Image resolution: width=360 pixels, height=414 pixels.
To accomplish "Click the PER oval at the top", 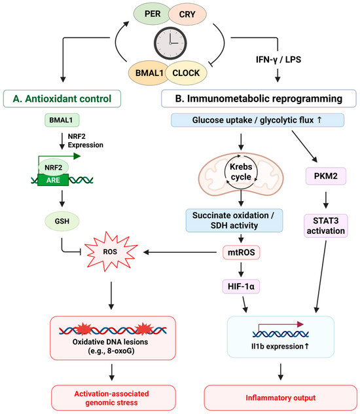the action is (152, 14).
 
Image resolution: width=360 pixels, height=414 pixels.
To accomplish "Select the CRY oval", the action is (187, 14).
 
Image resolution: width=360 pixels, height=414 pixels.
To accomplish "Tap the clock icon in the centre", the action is (170, 43).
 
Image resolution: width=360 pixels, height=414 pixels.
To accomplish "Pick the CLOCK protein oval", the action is (186, 73).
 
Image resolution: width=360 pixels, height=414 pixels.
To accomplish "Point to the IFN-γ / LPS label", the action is (278, 60).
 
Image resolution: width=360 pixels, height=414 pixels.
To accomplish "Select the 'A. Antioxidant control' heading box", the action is (62, 99).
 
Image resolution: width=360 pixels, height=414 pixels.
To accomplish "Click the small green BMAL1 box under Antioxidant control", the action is (62, 120).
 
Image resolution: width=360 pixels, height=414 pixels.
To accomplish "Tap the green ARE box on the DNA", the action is (53, 180).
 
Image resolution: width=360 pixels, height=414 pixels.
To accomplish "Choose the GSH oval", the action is (62, 221).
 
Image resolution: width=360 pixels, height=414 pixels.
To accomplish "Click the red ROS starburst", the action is (111, 252).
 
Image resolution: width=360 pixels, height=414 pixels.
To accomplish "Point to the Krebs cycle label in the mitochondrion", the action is (241, 172).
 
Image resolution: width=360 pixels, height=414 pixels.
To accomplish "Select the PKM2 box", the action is (326, 176).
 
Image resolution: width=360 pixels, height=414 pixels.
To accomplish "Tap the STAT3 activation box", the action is (326, 226).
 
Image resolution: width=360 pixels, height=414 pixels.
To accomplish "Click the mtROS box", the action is (242, 252).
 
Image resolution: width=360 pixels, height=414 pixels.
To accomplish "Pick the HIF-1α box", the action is (241, 286).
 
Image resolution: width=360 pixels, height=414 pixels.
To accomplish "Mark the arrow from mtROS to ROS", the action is (180, 252).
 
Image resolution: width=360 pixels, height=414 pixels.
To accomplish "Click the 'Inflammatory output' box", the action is (281, 398).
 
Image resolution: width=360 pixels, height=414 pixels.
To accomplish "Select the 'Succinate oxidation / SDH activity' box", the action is (234, 221).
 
